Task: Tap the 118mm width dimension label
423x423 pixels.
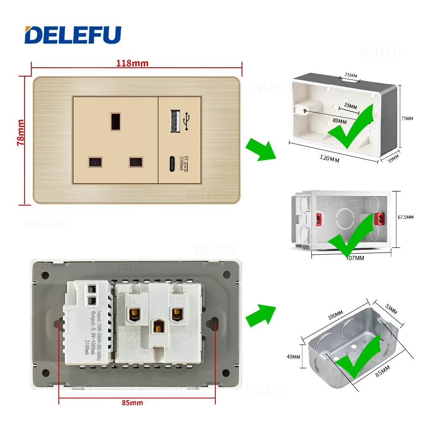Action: click(132, 63)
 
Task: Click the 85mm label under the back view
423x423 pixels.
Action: click(132, 402)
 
